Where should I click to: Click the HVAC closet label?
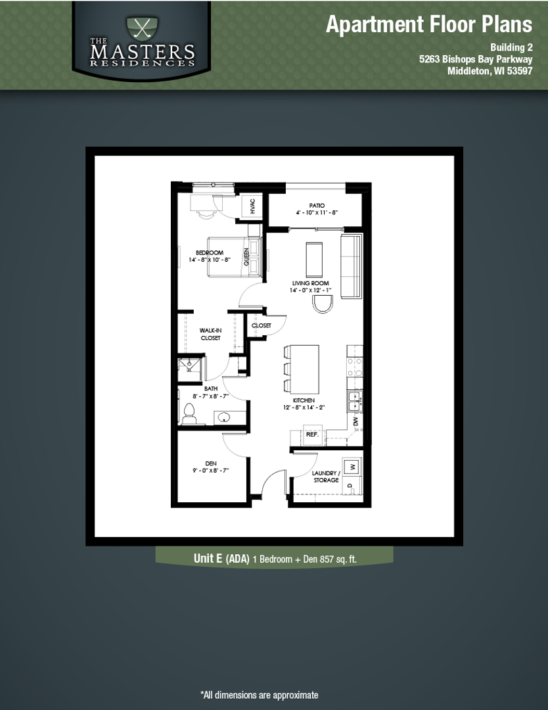(x=252, y=206)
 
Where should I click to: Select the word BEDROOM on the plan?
(x=210, y=252)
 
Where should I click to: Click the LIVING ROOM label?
(x=311, y=283)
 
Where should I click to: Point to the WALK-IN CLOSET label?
(x=210, y=334)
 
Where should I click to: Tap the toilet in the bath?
(x=189, y=413)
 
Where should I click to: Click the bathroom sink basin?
(x=223, y=417)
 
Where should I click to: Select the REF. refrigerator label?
(x=312, y=435)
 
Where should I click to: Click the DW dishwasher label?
(x=355, y=421)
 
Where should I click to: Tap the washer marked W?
(x=352, y=466)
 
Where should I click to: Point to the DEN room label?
(x=211, y=463)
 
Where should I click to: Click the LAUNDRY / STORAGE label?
(x=325, y=477)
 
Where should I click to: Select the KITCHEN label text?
(x=304, y=400)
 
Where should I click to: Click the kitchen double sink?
(x=354, y=400)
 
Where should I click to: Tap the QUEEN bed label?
(x=247, y=256)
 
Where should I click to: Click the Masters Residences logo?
(x=143, y=41)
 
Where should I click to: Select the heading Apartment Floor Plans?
(x=429, y=25)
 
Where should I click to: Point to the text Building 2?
(x=511, y=47)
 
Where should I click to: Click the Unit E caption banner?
(x=275, y=559)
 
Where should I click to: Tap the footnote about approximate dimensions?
(x=260, y=695)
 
